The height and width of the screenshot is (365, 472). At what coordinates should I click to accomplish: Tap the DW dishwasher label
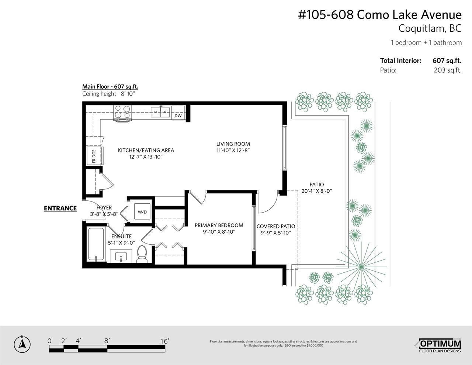(178, 116)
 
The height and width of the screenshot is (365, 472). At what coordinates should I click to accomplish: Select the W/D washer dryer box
(142, 211)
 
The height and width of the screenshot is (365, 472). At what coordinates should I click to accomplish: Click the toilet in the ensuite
(142, 254)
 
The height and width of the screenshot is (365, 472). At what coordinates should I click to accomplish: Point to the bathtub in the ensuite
(96, 244)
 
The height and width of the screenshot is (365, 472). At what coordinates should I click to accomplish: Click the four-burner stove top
(123, 113)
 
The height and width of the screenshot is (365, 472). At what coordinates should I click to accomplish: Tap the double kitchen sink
(160, 112)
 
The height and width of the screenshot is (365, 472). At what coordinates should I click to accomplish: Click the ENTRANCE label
(60, 208)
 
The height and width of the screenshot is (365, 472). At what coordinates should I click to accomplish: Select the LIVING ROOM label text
(233, 144)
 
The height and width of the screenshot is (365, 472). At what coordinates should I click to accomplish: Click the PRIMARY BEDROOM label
(219, 225)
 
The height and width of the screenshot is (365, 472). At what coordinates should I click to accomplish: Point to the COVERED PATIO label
(276, 226)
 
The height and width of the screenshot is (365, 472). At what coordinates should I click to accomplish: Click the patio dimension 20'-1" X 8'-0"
(317, 191)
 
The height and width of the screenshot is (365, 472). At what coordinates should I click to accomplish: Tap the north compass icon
(22, 344)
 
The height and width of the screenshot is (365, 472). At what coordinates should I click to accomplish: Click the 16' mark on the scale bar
(165, 341)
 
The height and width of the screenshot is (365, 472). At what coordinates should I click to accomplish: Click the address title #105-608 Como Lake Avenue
(380, 15)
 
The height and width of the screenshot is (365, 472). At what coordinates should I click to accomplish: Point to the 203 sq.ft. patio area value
(447, 70)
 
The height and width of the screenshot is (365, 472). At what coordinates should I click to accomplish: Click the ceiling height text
(109, 94)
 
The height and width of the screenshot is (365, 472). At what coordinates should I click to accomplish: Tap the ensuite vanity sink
(121, 256)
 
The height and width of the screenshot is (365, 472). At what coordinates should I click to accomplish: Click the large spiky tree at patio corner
(361, 266)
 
